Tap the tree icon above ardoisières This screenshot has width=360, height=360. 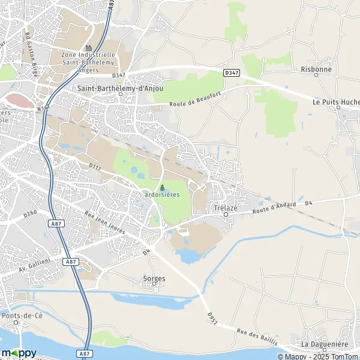(x=162, y=187)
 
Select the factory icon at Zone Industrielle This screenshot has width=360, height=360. (x=88, y=48)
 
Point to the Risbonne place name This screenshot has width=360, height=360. (x=316, y=69)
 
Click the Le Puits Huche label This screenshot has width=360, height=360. (x=335, y=102)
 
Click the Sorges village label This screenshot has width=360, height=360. (x=154, y=279)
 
